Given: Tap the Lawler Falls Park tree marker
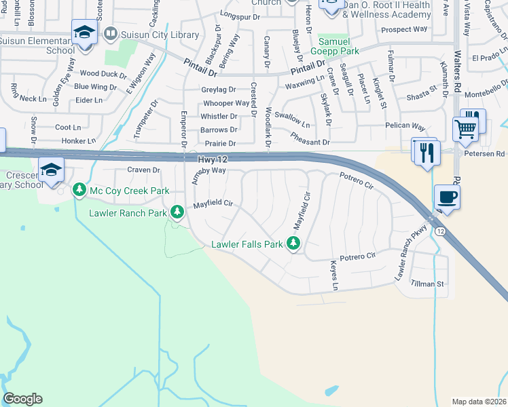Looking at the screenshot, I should coord(293,243).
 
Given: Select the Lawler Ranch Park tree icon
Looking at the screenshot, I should coord(178,212).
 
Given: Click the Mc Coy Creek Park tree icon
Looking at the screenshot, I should coord(80,190).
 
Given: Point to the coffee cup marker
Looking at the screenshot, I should coord(446,198).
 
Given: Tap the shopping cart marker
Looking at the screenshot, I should coord(465,128).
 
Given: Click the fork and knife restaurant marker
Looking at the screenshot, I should coord(427,152).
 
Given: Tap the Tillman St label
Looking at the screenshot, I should coord(427,284).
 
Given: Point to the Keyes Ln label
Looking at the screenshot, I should coord(333,276).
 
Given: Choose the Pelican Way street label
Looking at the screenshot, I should coord(404,127).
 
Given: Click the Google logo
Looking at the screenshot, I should coord(22,399).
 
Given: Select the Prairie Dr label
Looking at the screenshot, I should coord(220,144).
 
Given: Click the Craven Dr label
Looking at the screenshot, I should coord(143,170).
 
